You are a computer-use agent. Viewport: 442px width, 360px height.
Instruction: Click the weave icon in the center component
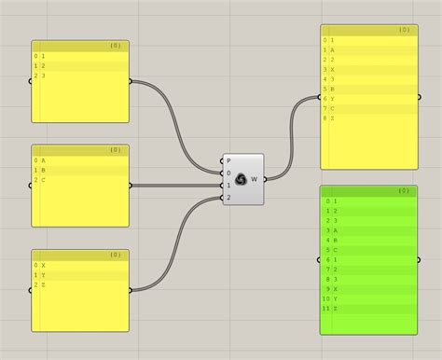point(241,178)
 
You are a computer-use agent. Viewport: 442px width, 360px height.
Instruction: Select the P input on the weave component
point(229,160)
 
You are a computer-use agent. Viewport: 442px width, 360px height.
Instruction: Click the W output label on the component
point(255,178)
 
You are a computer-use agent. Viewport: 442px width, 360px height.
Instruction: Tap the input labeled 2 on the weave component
point(229,197)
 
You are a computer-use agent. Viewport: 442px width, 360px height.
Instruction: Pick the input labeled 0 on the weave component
point(229,173)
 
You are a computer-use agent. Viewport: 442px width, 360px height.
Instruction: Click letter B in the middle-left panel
point(43,170)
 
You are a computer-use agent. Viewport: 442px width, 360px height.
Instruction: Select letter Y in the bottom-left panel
point(43,275)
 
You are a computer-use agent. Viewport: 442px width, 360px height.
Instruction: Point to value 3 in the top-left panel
point(43,76)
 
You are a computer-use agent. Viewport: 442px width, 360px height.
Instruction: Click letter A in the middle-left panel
point(43,160)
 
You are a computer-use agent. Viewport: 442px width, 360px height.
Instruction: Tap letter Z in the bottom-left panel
point(43,284)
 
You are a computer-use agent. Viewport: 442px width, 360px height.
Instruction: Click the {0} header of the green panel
point(403,190)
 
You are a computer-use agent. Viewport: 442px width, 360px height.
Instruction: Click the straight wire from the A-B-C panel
point(177,185)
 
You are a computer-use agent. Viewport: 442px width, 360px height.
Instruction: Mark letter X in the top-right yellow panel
point(332,69)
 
